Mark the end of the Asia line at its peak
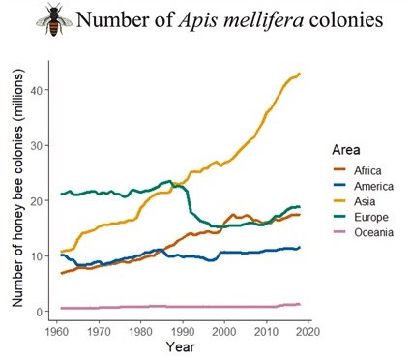coord(300,74)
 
